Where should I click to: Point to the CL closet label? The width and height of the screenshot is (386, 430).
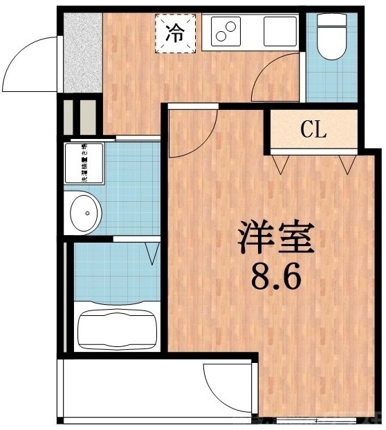[313, 129]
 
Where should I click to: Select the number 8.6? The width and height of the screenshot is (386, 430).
[276, 279]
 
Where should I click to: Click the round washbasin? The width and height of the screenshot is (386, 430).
[85, 213]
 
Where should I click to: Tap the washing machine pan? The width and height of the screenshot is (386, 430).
[84, 163]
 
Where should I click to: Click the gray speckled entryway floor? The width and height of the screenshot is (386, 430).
[82, 53]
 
